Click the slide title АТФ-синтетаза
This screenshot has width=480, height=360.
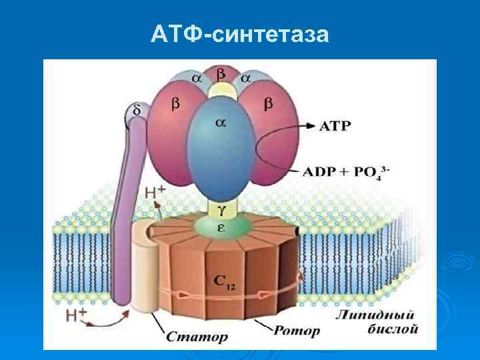click(x=240, y=33)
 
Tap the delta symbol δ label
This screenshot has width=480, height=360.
click(x=137, y=110)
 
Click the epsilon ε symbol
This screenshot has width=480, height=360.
click(x=221, y=228)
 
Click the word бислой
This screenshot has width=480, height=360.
click(x=393, y=329)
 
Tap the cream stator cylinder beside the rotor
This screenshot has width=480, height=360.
click(x=143, y=267)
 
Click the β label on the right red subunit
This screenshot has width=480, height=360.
click(x=268, y=104)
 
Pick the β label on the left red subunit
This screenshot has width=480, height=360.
click(x=175, y=104)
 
